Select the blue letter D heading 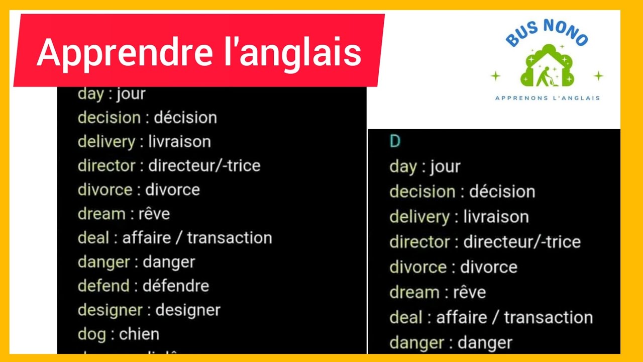click(395, 142)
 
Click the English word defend click(103, 286)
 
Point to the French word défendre click(176, 286)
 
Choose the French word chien click(139, 334)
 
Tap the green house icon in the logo click(547, 65)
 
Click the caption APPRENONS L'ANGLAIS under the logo click(548, 98)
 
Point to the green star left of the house click(496, 76)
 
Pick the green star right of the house click(598, 76)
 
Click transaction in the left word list click(229, 238)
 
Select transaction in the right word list click(548, 318)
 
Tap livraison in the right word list click(496, 217)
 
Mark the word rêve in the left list click(154, 214)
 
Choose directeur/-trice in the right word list click(521, 242)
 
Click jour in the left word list click(131, 94)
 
